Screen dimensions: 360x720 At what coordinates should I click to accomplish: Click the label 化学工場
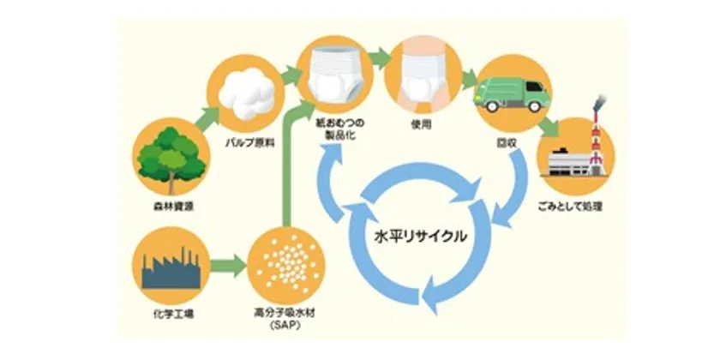pos(171,315)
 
